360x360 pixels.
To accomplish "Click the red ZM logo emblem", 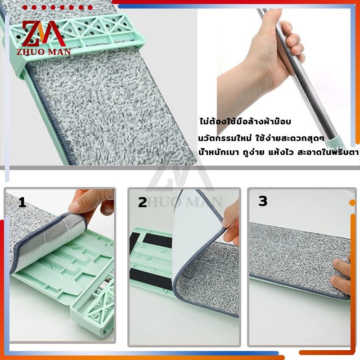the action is click(44, 33).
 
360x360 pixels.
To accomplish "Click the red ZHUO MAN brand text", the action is click(44, 52).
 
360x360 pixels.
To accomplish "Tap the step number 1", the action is click(22, 202).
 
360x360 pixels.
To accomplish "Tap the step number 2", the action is click(142, 202).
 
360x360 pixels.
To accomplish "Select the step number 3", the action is click(263, 201).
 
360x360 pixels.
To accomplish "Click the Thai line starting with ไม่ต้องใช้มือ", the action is click(245, 121).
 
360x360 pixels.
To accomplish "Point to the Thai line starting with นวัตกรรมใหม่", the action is click(261, 138).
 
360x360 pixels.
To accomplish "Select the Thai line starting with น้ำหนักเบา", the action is click(279, 152).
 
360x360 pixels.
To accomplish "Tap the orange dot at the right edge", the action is click(352, 203).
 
